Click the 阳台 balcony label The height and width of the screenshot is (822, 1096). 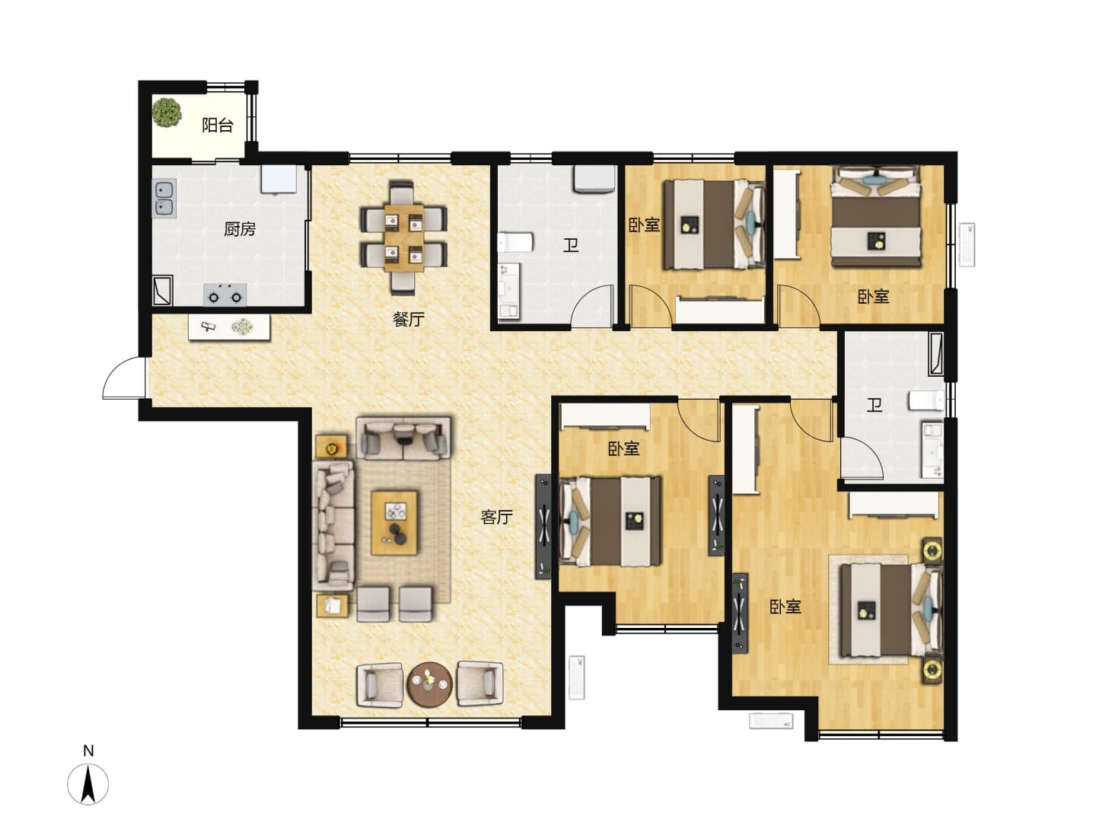pyautogui.click(x=217, y=125)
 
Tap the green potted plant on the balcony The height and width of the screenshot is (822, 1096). pyautogui.click(x=167, y=113)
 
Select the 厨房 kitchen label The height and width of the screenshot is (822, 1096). pyautogui.click(x=240, y=229)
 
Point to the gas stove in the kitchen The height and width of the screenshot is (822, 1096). pyautogui.click(x=225, y=295)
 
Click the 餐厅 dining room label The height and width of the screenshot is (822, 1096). pyautogui.click(x=409, y=319)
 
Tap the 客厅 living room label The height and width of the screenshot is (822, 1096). pyautogui.click(x=496, y=517)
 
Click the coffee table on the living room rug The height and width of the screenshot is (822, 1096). pyautogui.click(x=394, y=523)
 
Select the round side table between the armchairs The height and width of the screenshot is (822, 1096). pyautogui.click(x=429, y=683)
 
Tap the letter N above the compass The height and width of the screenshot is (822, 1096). pyautogui.click(x=88, y=750)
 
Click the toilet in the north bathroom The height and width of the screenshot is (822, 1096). pyautogui.click(x=516, y=243)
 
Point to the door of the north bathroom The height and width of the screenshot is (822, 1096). pyautogui.click(x=592, y=306)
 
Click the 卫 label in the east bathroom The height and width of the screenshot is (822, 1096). pyautogui.click(x=874, y=405)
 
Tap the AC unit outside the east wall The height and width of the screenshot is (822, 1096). pyautogui.click(x=967, y=244)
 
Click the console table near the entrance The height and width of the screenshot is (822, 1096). pyautogui.click(x=229, y=327)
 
